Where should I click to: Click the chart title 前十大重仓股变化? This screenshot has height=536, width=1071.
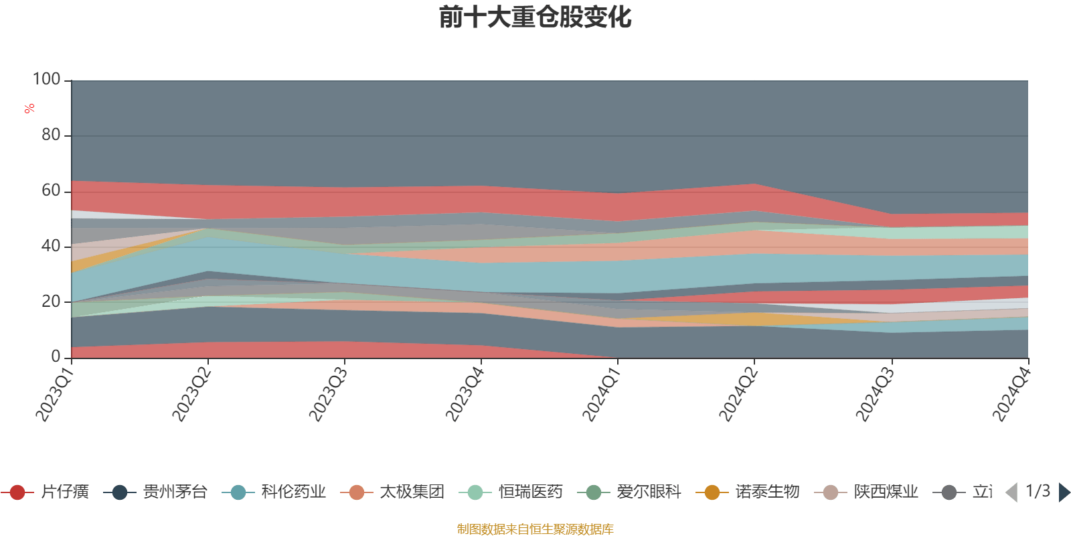535,17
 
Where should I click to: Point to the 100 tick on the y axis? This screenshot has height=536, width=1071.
47,80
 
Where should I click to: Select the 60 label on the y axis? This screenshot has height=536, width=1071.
51,191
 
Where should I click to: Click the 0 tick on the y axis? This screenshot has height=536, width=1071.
56,357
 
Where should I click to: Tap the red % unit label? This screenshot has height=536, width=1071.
29,109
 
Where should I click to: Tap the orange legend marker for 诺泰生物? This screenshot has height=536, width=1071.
712,492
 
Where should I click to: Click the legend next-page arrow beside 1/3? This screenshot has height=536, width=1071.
1064,492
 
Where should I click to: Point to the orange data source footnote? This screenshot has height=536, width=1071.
535,529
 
